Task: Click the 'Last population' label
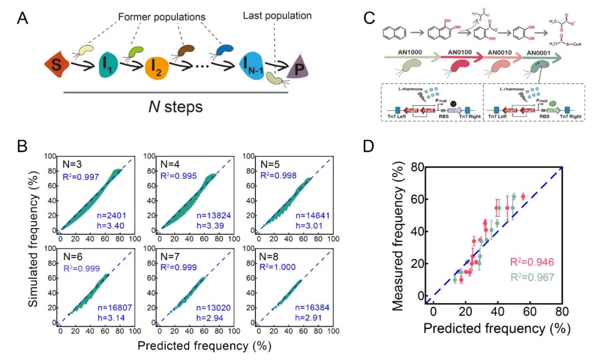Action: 277,16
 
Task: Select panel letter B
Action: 23,146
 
